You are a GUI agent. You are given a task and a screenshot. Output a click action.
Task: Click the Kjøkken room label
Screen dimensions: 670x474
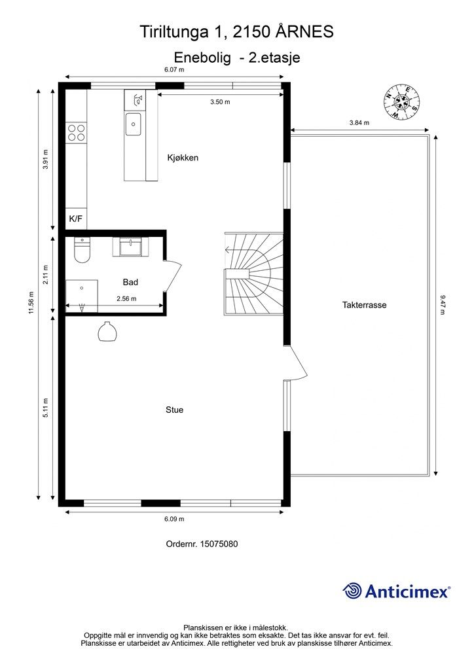[x=183, y=158]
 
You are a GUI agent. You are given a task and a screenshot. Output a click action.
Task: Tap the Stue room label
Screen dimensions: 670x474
[x=174, y=410]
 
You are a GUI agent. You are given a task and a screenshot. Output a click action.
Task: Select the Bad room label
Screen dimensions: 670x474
[x=130, y=282]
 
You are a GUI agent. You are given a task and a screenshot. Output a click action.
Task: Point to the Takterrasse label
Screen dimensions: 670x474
[x=363, y=305]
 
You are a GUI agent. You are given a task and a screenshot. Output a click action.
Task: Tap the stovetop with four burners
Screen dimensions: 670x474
[x=76, y=132]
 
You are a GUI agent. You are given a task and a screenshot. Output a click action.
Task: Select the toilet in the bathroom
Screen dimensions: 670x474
[x=82, y=250]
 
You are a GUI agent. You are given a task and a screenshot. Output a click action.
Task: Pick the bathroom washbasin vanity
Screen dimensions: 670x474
[x=133, y=247]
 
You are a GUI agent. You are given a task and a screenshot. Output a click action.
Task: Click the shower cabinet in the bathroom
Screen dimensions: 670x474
[x=82, y=294]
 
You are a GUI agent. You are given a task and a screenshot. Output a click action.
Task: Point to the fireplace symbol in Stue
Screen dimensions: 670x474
[x=107, y=332]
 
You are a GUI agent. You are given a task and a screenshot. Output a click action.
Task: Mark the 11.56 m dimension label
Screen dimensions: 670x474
[x=30, y=302]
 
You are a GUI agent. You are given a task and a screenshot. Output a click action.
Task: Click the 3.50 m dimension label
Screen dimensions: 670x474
[x=220, y=102]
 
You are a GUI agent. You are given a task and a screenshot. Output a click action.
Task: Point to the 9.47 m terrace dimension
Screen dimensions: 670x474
[x=443, y=305]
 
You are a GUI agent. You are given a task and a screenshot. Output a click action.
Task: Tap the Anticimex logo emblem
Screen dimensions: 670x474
[x=353, y=591]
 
